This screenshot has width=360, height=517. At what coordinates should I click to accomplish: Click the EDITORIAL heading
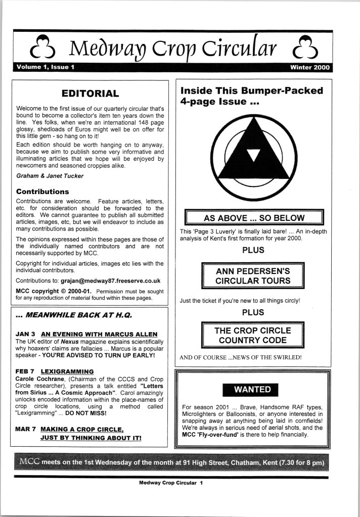pos(90,93)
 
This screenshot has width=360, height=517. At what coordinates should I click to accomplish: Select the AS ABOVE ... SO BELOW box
pos(254,218)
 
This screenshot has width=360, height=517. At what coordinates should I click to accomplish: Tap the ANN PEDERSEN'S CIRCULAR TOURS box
pos(253,276)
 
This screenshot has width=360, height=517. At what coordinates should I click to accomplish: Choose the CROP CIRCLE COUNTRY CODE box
pos(253,336)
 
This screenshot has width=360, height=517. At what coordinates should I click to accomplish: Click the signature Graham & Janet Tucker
pos(49,176)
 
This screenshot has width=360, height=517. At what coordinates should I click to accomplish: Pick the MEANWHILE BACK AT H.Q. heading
pos(74,315)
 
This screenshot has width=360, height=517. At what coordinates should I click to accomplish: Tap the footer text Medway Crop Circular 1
pos(170,483)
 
